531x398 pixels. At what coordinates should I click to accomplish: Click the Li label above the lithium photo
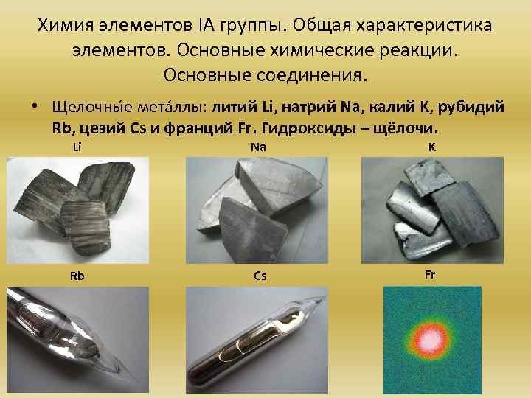click(77, 147)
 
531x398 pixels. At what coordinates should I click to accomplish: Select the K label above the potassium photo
click(431, 147)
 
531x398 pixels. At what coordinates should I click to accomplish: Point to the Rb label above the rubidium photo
click(77, 276)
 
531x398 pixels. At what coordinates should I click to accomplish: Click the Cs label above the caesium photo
click(260, 276)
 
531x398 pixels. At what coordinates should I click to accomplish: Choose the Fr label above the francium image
click(431, 273)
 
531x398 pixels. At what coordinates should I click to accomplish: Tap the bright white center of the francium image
click(427, 339)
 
